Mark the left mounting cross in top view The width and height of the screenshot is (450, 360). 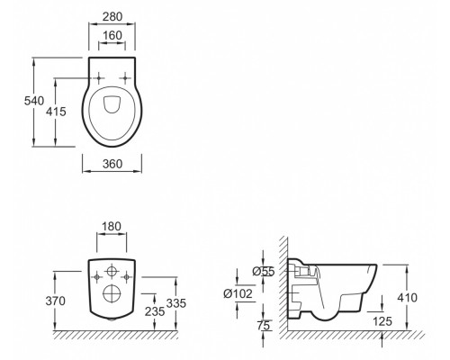point(94,77)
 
